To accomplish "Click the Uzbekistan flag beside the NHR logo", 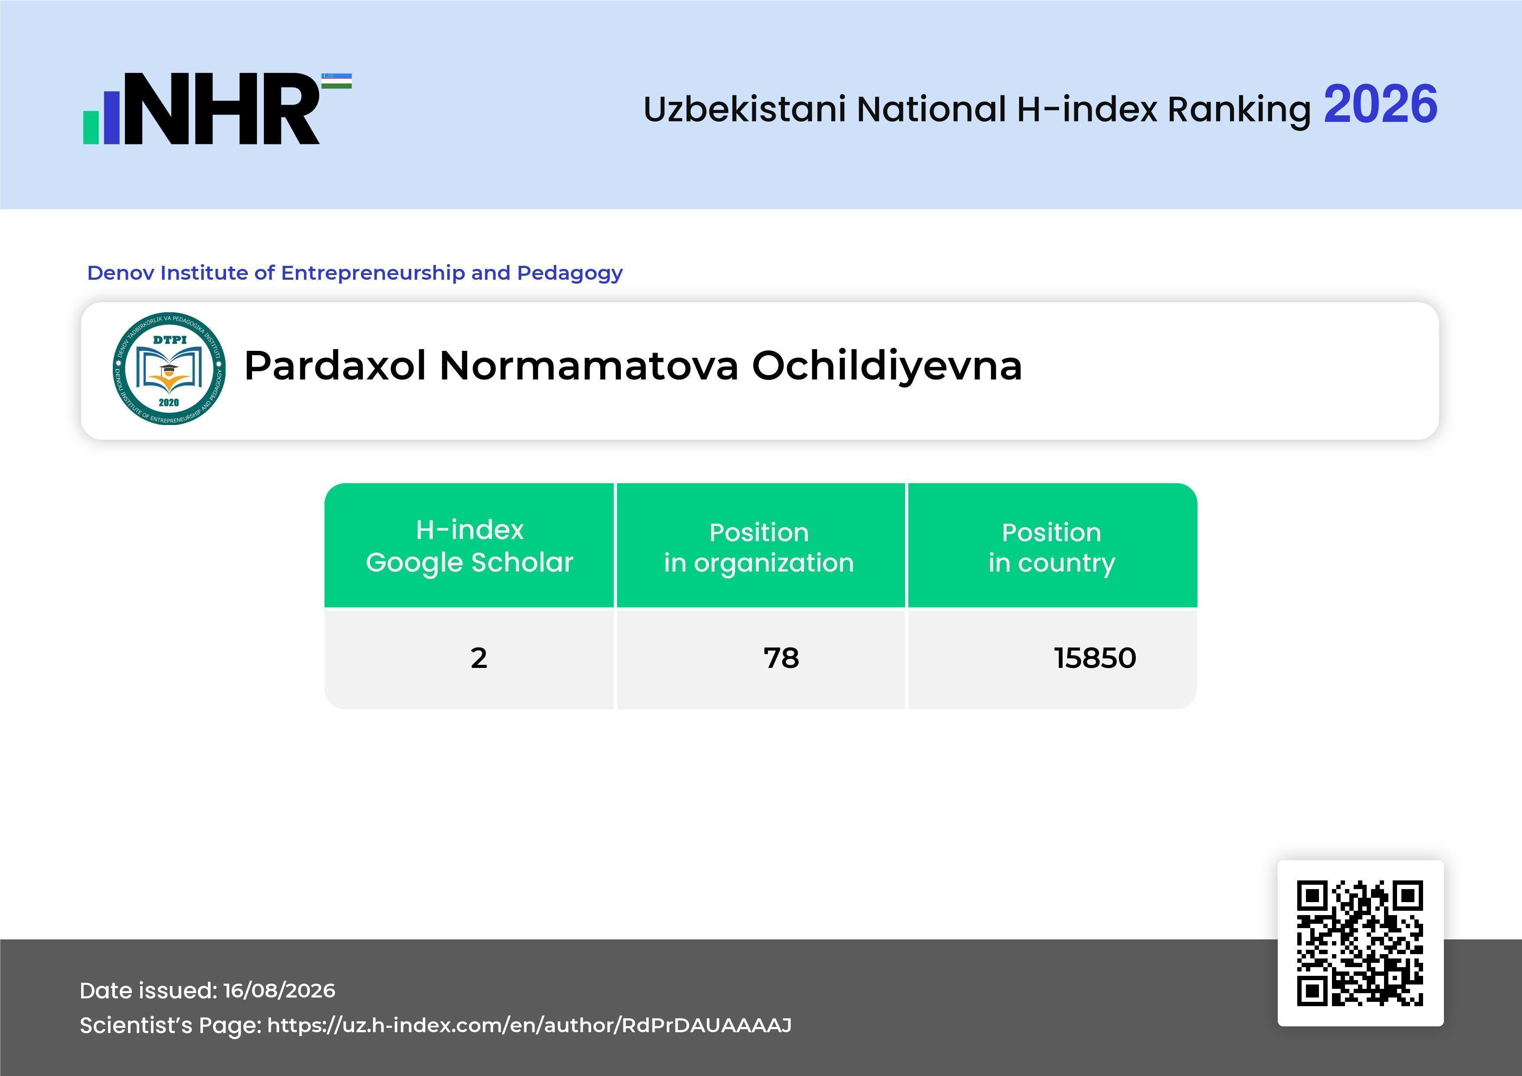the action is coord(337,81).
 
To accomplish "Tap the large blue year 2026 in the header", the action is coord(1380,105).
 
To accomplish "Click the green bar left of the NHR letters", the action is coord(91,127).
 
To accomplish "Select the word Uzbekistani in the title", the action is coord(745,109).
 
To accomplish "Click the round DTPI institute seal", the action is coord(169,368).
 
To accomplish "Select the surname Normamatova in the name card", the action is coord(589,366).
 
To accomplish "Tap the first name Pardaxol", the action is coord(335,366).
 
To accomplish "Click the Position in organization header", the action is coord(759,547).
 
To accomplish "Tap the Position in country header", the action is coord(1051,547).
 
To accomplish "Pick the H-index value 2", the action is coord(479,658).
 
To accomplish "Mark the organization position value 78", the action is coord(781,658).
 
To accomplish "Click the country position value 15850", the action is coord(1095,658).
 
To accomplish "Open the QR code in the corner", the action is coord(1360,943).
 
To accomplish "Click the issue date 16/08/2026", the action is coord(279,991).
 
